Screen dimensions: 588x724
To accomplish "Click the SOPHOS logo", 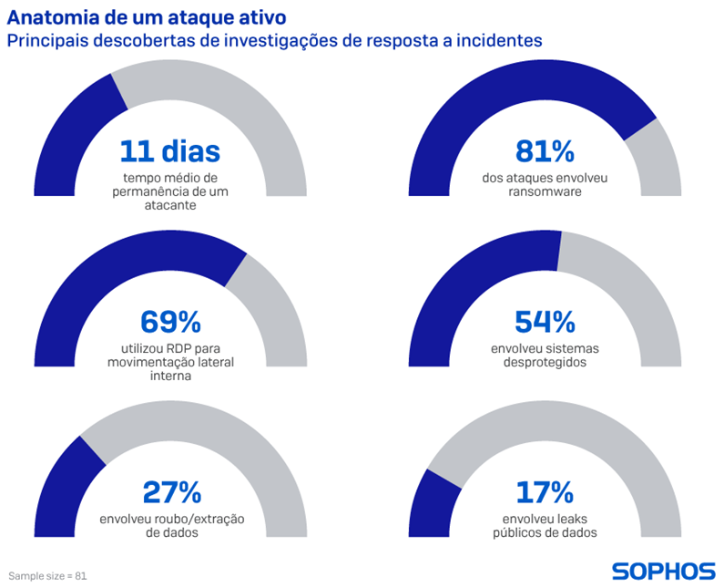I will [x=662, y=572].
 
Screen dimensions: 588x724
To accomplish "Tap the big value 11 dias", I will [x=170, y=151].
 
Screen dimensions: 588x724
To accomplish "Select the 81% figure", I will [x=544, y=151].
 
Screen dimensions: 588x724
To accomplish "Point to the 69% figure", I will [x=170, y=322].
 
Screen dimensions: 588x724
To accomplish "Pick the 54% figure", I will [x=545, y=322].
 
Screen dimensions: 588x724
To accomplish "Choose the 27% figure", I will [x=171, y=492].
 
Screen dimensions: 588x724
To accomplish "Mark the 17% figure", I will [x=545, y=492].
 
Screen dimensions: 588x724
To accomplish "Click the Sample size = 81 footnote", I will [x=47, y=576].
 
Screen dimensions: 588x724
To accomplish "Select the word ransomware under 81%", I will [x=545, y=192].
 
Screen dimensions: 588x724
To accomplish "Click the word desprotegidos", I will [x=545, y=362].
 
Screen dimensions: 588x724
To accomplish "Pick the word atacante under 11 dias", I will [x=170, y=205].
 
